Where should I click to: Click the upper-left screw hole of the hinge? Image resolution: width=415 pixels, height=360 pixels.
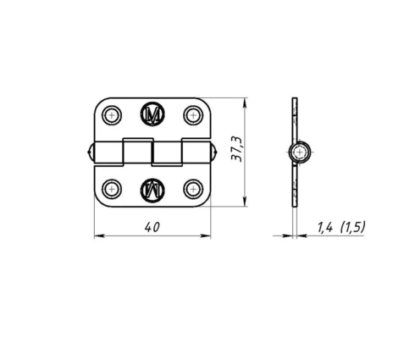pos(112,115)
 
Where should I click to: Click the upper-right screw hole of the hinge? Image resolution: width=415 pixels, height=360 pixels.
pos(193,115)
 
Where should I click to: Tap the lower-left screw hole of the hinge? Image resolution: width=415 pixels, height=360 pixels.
pos(112,189)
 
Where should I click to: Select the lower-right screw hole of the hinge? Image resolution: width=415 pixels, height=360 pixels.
pos(193,189)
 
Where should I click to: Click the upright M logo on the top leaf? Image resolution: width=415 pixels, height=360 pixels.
pos(152,114)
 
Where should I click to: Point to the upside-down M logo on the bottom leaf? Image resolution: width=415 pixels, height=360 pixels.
pos(152,190)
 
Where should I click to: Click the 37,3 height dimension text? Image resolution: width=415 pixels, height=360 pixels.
pos(236,149)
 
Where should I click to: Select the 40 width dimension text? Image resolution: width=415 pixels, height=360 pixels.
pos(152,227)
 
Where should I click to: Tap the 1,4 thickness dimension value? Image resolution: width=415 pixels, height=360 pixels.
pos(325,227)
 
